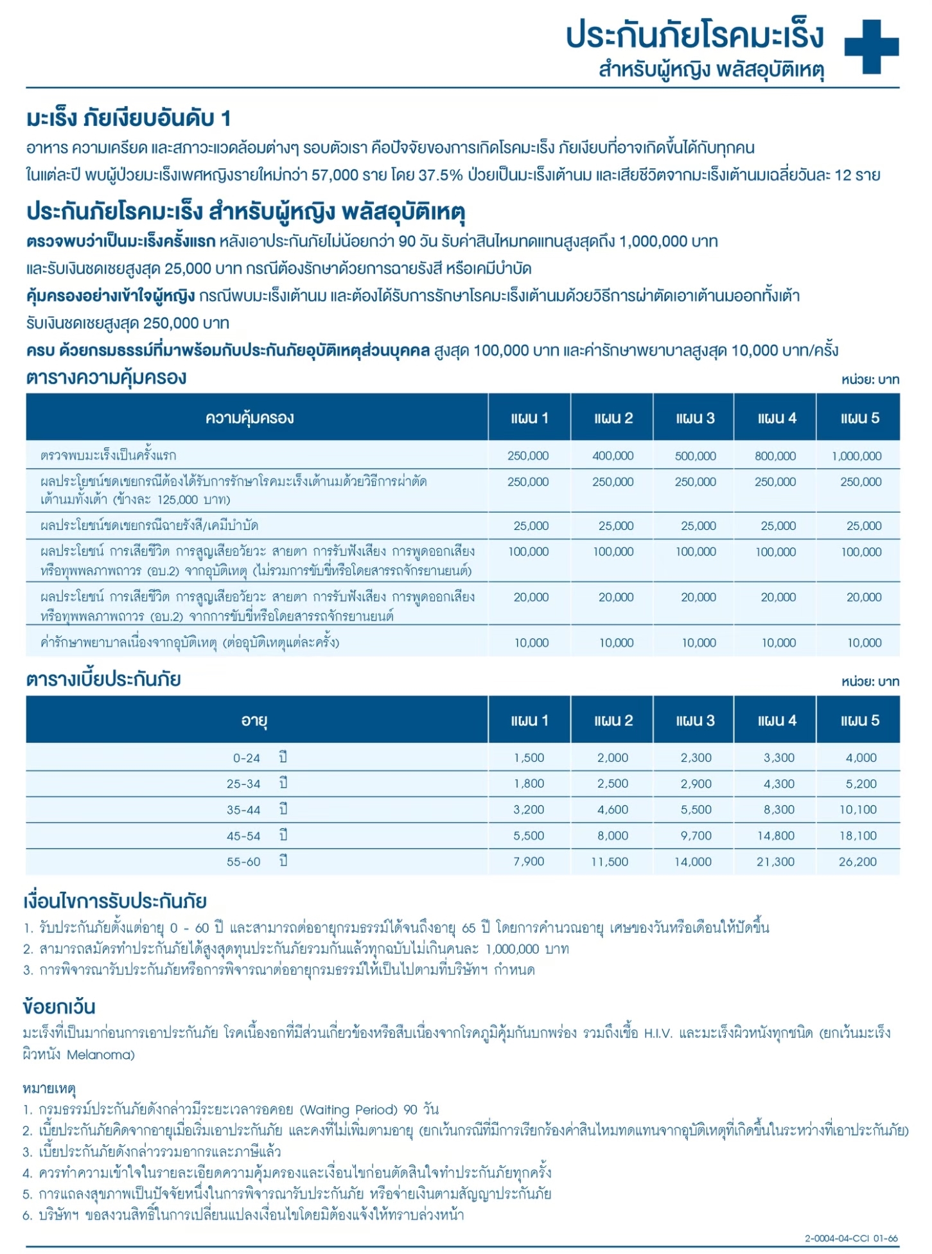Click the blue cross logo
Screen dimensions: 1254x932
pos(871,46)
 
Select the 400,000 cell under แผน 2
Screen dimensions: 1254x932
pos(613,456)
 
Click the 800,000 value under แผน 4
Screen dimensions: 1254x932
pos(775,456)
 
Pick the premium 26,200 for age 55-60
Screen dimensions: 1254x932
pos(857,862)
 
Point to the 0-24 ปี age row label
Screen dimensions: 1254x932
pos(257,758)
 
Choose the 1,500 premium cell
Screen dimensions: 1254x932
pos(529,758)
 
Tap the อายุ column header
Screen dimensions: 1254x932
pos(254,721)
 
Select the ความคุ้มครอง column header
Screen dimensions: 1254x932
pos(250,418)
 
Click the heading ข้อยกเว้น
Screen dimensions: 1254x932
pos(59,1007)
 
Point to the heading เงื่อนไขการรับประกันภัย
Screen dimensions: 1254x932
pos(115,901)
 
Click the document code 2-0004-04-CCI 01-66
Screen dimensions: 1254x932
pos(851,1238)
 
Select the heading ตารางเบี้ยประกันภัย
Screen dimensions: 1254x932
pos(103,680)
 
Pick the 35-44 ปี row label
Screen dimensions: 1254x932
pos(257,810)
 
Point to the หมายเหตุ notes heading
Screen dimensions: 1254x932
pos(49,1088)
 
